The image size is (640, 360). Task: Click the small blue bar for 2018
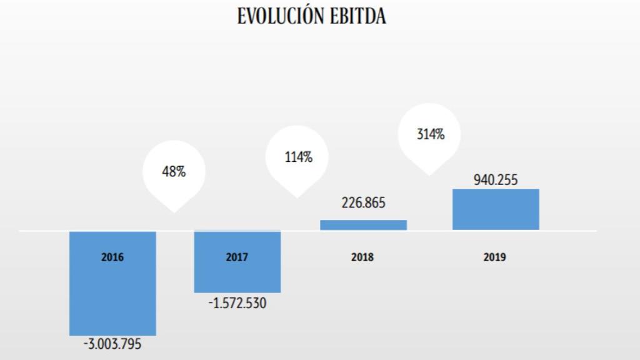(363, 225)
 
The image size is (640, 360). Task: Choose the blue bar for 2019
(495, 209)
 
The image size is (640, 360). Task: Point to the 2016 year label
(112, 257)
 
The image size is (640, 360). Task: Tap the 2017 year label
(237, 257)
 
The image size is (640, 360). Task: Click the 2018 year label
(362, 257)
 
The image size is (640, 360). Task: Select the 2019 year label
(494, 257)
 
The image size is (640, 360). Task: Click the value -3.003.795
(112, 344)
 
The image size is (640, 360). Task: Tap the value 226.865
(363, 203)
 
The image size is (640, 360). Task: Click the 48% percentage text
(174, 171)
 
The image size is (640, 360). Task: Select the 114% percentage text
(298, 157)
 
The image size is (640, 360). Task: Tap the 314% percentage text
(431, 133)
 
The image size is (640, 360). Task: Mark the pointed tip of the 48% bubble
(174, 211)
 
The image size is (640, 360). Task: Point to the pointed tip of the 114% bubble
(298, 197)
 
